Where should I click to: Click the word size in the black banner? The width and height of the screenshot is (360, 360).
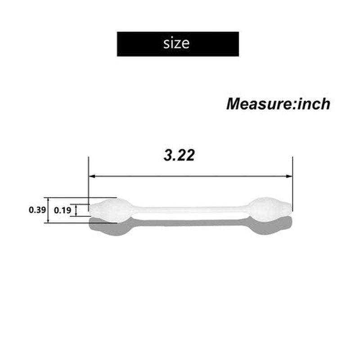[x=176, y=43]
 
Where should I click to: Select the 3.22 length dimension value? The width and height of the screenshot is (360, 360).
[x=179, y=155]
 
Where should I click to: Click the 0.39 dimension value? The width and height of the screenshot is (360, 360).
[x=37, y=210]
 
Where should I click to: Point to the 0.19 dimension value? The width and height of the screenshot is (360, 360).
[x=63, y=210]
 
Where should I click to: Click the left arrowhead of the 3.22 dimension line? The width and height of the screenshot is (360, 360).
[x=92, y=176]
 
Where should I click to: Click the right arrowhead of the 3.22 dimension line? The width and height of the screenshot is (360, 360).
[x=289, y=176]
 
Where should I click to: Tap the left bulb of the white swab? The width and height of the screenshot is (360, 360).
[x=111, y=210]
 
